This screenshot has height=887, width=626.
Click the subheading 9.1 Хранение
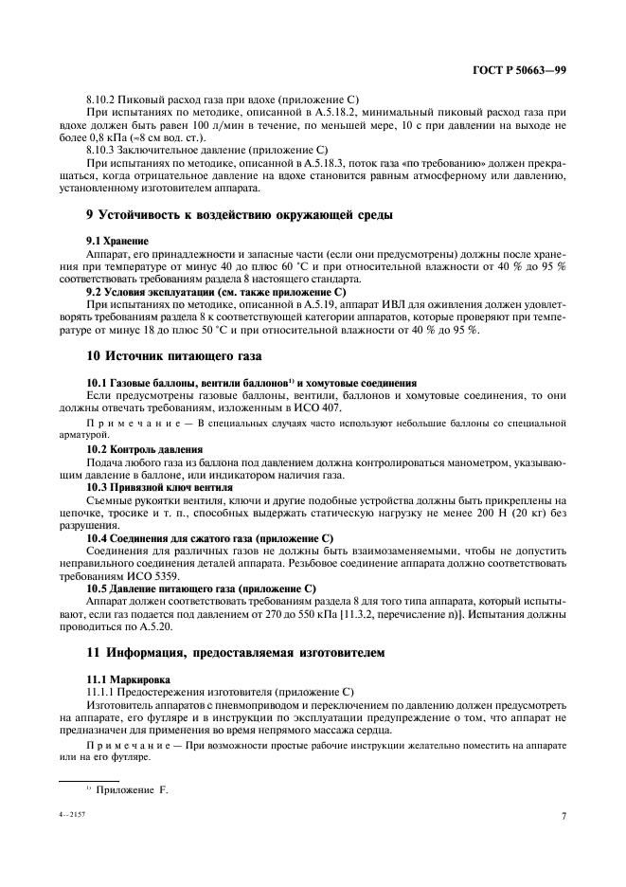(117, 242)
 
